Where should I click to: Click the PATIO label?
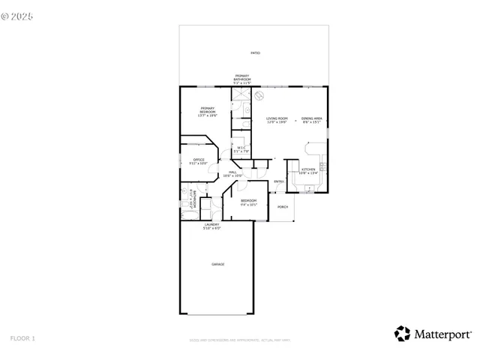coord(255,53)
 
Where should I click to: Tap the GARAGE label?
coord(217,264)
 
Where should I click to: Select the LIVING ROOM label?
coord(277,118)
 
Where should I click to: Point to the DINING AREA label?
coord(311,118)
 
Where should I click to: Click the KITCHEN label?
coord(307,169)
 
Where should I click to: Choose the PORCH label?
coord(283,206)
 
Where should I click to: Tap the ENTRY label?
coord(278,181)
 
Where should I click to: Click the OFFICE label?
coord(199,160)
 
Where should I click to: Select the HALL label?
coord(232,172)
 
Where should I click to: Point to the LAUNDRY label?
coord(211,225)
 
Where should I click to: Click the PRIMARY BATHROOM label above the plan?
coord(241,78)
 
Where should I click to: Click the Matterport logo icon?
coord(403,334)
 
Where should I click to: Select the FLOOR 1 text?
coord(22,338)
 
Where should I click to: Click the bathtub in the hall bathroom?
coord(190,215)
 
